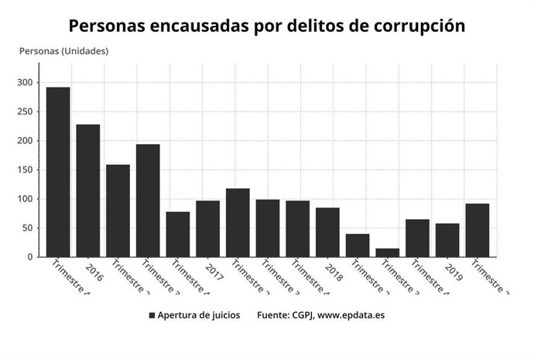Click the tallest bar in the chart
58,172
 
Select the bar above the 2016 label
87,190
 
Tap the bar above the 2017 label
207,228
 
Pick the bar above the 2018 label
327,232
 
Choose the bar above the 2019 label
447,240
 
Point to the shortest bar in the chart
387,252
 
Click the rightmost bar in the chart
477,230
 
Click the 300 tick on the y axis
25,83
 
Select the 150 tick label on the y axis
25,170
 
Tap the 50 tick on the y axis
27,228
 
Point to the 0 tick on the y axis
30,257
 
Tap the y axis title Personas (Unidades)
63,51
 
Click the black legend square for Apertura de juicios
152,315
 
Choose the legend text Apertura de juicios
199,315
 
